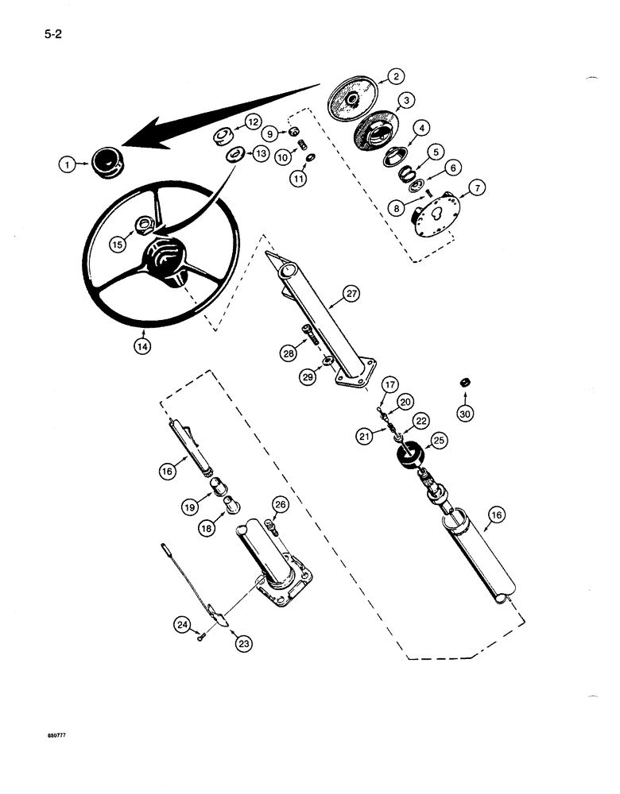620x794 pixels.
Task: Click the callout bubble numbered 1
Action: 68,165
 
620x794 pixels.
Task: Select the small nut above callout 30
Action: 463,384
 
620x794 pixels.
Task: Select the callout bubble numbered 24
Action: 183,626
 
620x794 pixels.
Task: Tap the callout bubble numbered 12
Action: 251,122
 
